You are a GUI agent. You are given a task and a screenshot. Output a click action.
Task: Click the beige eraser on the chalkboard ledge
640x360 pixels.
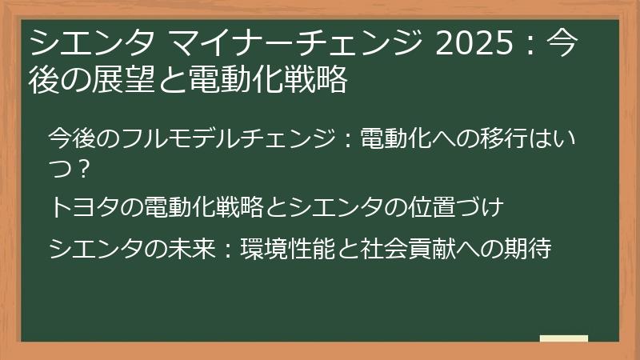pos(563,339)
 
